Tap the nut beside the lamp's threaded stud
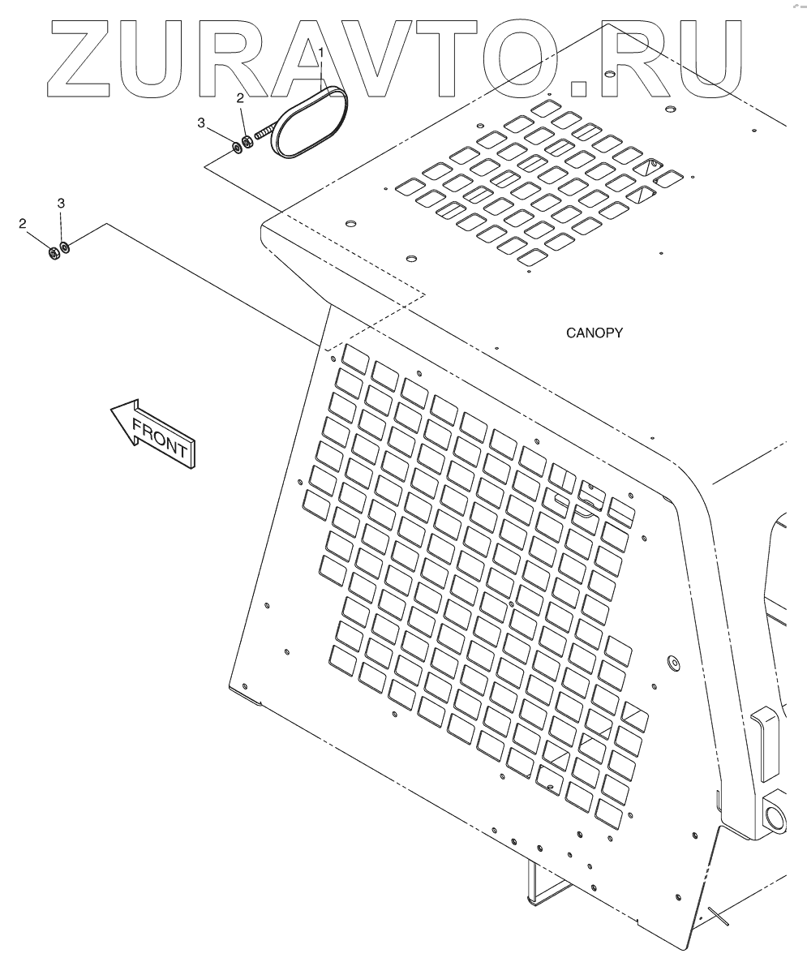248,142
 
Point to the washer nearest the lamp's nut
236,147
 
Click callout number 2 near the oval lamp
217,98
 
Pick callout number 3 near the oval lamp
200,122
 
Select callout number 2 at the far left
23,222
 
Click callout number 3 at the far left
61,202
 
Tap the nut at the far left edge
53,251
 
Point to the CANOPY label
595,333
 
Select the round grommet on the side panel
672,663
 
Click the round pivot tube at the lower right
774,811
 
